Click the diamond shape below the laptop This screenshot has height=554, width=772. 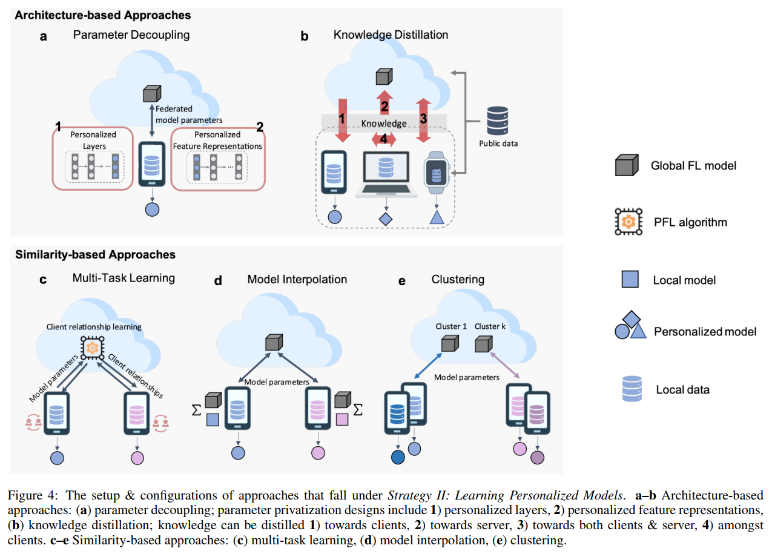[x=385, y=217]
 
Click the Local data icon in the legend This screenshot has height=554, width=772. [x=632, y=389]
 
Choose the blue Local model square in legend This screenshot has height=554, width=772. [x=629, y=280]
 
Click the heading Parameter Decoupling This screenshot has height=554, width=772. [x=131, y=35]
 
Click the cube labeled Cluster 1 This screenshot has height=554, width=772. [x=449, y=345]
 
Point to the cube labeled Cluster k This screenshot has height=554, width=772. [x=483, y=345]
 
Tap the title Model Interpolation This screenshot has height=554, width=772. [x=297, y=279]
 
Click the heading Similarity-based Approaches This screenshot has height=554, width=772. [x=95, y=255]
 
